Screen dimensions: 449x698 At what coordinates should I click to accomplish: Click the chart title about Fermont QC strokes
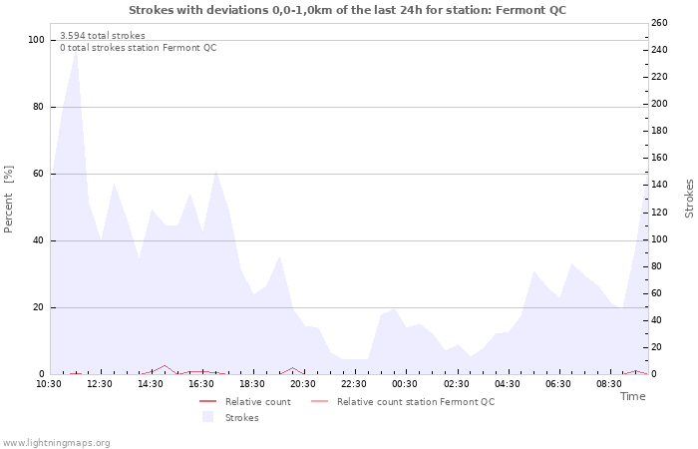347,10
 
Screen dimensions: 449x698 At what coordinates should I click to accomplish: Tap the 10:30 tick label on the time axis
49,384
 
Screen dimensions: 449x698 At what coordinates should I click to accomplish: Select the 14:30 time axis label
152,384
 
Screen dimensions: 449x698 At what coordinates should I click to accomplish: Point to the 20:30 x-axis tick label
303,384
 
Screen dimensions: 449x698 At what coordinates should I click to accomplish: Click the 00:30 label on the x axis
406,384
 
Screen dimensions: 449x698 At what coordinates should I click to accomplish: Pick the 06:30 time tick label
558,384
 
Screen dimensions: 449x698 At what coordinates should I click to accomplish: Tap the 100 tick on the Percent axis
37,40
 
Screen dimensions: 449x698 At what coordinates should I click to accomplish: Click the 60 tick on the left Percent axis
39,174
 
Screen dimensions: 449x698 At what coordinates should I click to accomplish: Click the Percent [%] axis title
9,200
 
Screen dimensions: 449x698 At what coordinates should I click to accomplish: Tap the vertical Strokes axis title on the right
689,198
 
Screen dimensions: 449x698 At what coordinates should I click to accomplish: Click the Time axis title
632,396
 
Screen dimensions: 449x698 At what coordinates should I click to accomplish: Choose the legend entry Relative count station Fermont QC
415,402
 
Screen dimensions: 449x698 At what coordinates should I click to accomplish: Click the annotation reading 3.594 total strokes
103,36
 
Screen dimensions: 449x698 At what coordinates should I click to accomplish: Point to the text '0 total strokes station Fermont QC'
138,48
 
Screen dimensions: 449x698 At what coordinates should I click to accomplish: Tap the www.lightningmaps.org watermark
56,443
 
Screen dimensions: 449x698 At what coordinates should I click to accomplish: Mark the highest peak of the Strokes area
76,49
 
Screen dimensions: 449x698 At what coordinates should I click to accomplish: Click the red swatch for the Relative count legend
207,402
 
